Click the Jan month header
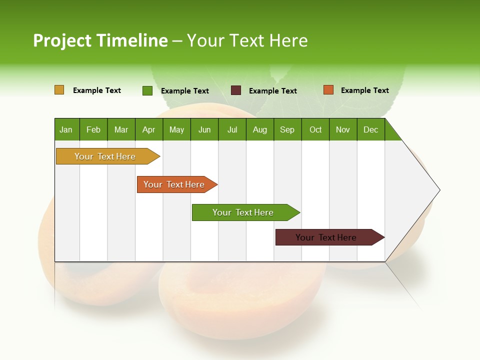[66, 129]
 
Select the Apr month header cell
[148, 129]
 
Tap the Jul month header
[232, 129]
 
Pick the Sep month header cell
[287, 129]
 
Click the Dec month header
[370, 129]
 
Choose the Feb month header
[93, 129]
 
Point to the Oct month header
[315, 129]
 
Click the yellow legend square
[59, 90]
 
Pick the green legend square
[147, 90]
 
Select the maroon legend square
[236, 90]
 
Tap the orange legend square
[328, 90]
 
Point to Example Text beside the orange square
[364, 90]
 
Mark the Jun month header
[204, 129]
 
